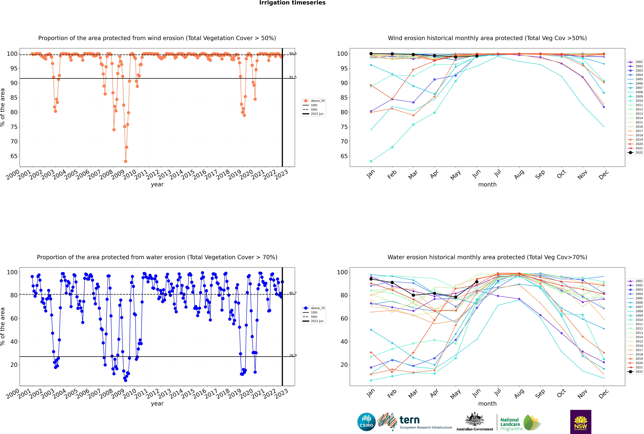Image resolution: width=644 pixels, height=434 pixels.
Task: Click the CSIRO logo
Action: point(366,422)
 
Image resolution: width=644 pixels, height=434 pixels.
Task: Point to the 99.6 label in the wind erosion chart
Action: point(293,54)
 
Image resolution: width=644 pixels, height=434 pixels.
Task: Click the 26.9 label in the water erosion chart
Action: point(293,355)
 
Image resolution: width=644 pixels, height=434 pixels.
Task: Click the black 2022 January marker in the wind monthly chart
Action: point(371,54)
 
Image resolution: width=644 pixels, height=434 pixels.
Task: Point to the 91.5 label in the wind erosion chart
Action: point(293,77)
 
